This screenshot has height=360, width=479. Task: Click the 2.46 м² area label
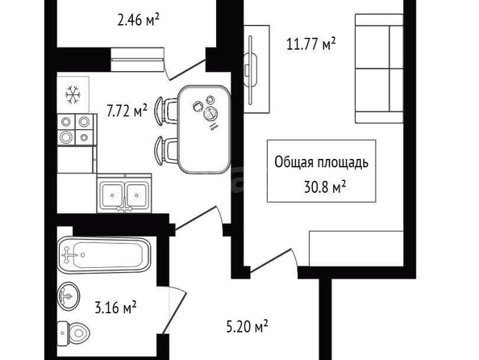tap(139, 20)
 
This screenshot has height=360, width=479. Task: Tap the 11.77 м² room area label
tap(311, 44)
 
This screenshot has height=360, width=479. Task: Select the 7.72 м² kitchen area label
tap(127, 111)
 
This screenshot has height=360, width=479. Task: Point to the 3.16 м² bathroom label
tap(115, 308)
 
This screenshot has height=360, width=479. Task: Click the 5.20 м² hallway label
tap(247, 326)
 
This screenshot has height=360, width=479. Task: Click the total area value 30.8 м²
tap(325, 186)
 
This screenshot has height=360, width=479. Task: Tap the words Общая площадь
tap(322, 162)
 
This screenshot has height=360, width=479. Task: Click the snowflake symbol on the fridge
tap(73, 94)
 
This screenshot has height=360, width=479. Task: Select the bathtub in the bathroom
tap(104, 255)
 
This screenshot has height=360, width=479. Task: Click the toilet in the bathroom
tap(73, 333)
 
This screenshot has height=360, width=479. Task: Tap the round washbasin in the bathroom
tap(69, 295)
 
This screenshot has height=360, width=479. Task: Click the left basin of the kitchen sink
tap(112, 195)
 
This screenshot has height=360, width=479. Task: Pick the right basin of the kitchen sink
tap(137, 195)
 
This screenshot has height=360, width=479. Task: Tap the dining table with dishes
tap(204, 129)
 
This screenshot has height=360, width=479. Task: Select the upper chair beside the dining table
tap(166, 111)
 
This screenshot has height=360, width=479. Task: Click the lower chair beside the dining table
tap(166, 151)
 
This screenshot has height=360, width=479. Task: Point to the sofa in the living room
tap(379, 69)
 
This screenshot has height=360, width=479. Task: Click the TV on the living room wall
tap(251, 70)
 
